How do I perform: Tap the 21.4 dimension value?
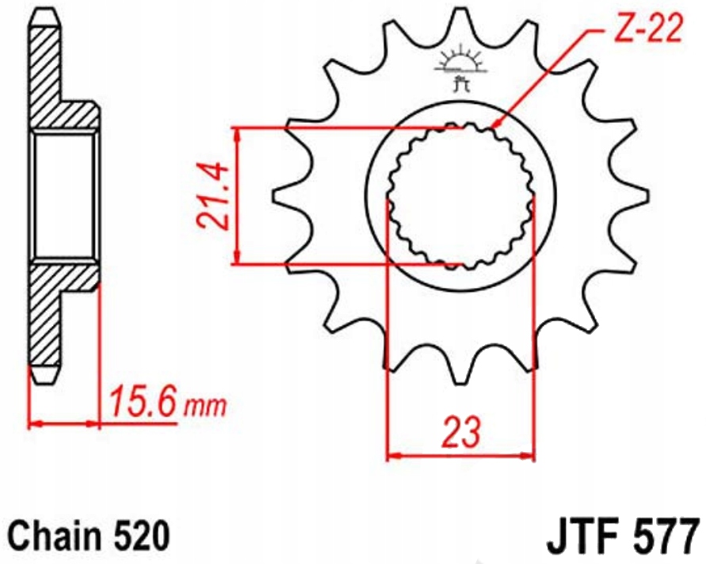click(212, 197)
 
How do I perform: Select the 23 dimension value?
click(462, 432)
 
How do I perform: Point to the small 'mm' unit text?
click(204, 407)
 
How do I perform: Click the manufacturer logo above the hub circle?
click(460, 67)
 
